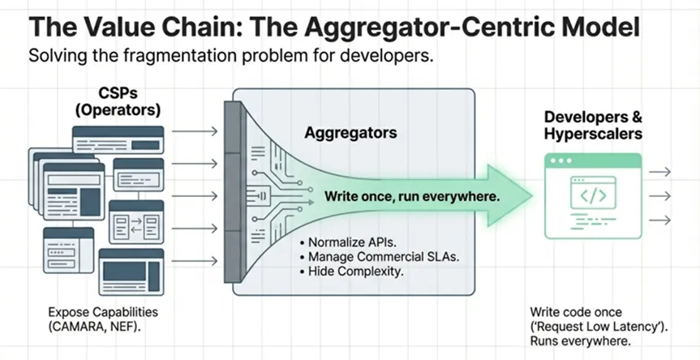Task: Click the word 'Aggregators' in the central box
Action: (350, 132)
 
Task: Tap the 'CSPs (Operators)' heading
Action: (118, 101)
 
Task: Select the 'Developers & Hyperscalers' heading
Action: (593, 126)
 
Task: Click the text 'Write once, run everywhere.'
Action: (411, 196)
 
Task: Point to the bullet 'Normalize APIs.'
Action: (349, 242)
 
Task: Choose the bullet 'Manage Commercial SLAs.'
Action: (380, 257)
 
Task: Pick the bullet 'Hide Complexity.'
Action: (352, 271)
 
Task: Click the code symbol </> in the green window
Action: (593, 196)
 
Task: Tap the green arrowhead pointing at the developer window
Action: (509, 195)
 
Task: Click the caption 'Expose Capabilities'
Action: (103, 312)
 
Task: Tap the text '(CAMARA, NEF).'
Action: (95, 326)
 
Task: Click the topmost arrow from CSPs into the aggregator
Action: (195, 131)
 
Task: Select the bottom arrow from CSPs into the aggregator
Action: (195, 260)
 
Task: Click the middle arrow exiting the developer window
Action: (659, 196)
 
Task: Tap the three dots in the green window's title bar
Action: (561, 161)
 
